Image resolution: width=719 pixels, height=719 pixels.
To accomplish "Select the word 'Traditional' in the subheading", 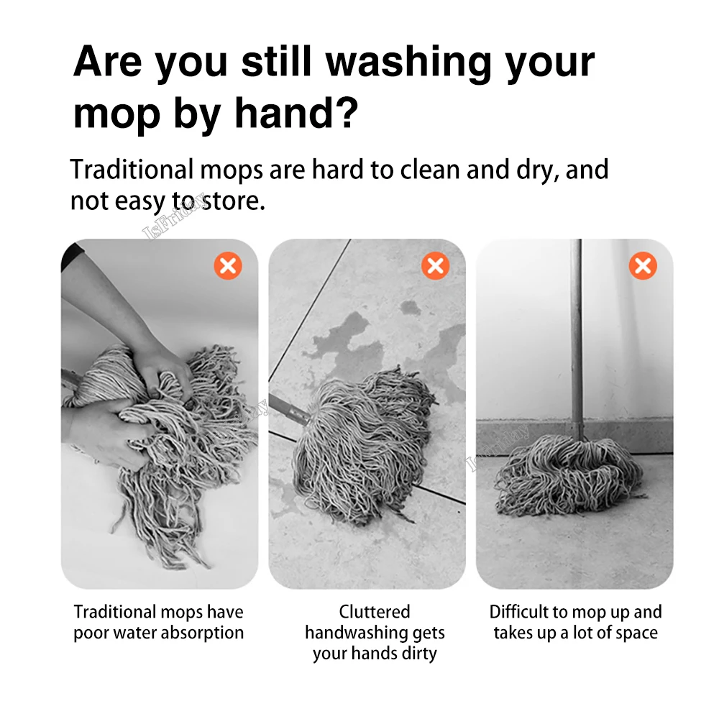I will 132,170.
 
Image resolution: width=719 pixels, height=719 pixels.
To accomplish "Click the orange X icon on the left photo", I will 228,267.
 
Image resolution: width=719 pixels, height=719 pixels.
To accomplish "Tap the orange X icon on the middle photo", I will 435,267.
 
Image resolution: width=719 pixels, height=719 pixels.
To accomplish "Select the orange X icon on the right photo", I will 642,267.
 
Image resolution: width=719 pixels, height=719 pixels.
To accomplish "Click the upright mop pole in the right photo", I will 576,338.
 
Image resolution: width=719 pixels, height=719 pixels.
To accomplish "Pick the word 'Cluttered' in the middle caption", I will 375,613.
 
